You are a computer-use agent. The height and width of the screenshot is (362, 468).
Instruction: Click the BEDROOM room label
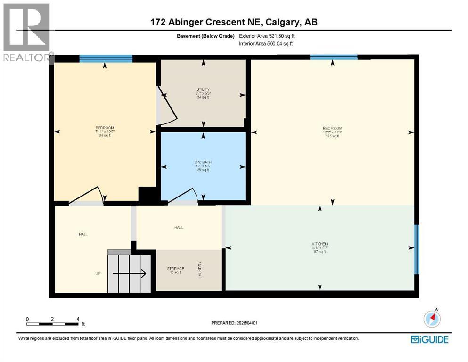(105, 128)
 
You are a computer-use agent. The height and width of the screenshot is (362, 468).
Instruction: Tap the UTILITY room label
(203, 90)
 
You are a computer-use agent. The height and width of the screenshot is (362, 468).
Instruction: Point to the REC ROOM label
(332, 128)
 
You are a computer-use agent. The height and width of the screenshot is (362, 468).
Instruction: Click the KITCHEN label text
(320, 244)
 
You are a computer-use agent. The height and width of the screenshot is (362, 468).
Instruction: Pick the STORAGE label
(175, 269)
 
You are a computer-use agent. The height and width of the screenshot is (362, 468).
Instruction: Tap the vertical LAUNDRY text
(200, 270)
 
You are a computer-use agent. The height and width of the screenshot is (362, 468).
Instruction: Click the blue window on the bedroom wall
(106, 59)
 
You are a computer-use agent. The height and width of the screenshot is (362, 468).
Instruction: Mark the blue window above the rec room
(334, 57)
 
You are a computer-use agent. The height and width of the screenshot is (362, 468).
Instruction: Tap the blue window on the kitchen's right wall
(416, 249)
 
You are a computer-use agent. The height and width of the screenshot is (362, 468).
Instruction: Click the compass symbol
(432, 319)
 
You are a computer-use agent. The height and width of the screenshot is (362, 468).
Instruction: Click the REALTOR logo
(26, 32)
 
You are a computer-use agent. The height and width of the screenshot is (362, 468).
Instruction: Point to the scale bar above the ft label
(52, 324)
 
